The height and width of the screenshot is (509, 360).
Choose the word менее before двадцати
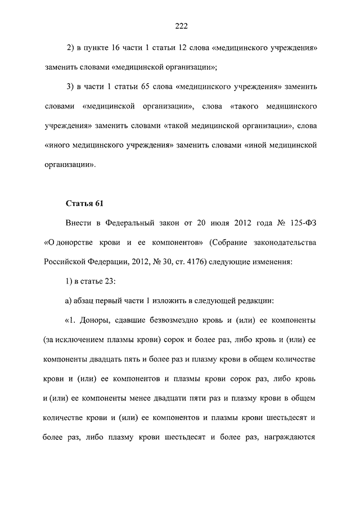pyautogui.click(x=148, y=398)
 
